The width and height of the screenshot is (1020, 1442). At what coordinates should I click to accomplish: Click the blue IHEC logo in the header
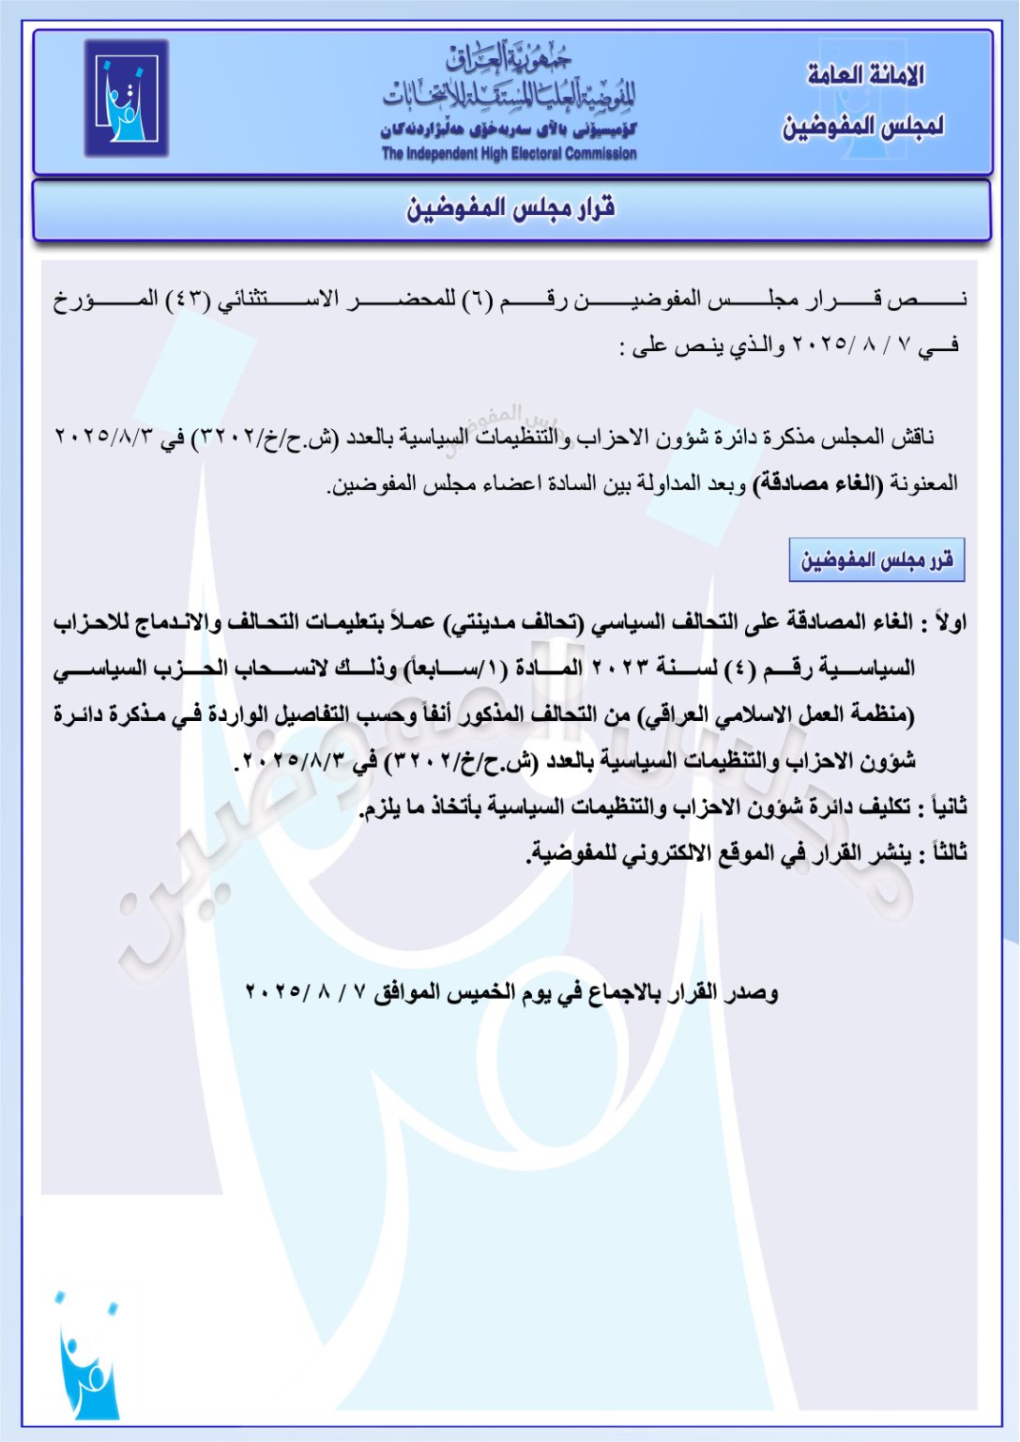point(127,98)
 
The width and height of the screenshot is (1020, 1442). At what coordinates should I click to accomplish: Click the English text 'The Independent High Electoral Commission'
point(509,154)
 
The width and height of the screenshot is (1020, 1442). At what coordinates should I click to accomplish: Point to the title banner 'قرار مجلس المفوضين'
point(510,209)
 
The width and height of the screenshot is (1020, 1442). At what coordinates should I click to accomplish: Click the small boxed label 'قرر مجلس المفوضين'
point(876,560)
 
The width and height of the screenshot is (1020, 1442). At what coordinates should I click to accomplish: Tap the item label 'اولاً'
point(949,622)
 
